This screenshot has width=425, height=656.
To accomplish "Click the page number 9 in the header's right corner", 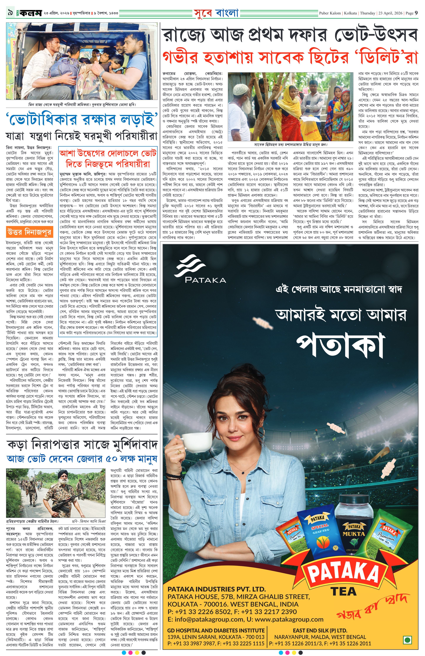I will click(416, 13).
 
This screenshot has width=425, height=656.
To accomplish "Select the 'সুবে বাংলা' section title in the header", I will click(216, 13).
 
